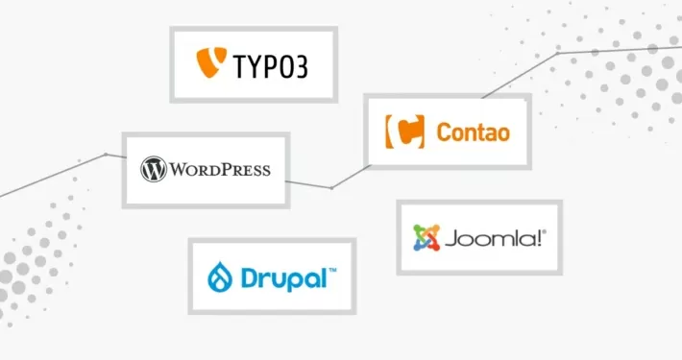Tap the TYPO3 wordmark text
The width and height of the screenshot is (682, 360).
[x=271, y=67]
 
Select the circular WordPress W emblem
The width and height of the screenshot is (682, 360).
[x=154, y=170]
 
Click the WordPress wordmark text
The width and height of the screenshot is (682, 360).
[x=220, y=171]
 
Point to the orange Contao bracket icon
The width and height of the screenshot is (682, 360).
[x=403, y=131]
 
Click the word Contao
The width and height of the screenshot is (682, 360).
[x=473, y=132]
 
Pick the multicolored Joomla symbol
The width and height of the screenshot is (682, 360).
[x=426, y=238]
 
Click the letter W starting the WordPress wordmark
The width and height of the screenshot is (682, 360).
[x=180, y=171]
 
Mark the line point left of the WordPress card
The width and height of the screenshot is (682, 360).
[x=106, y=154]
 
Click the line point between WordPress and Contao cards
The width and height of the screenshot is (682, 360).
[x=331, y=187]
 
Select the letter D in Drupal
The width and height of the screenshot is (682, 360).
[x=245, y=279]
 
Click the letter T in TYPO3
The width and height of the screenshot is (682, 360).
[x=240, y=67]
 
